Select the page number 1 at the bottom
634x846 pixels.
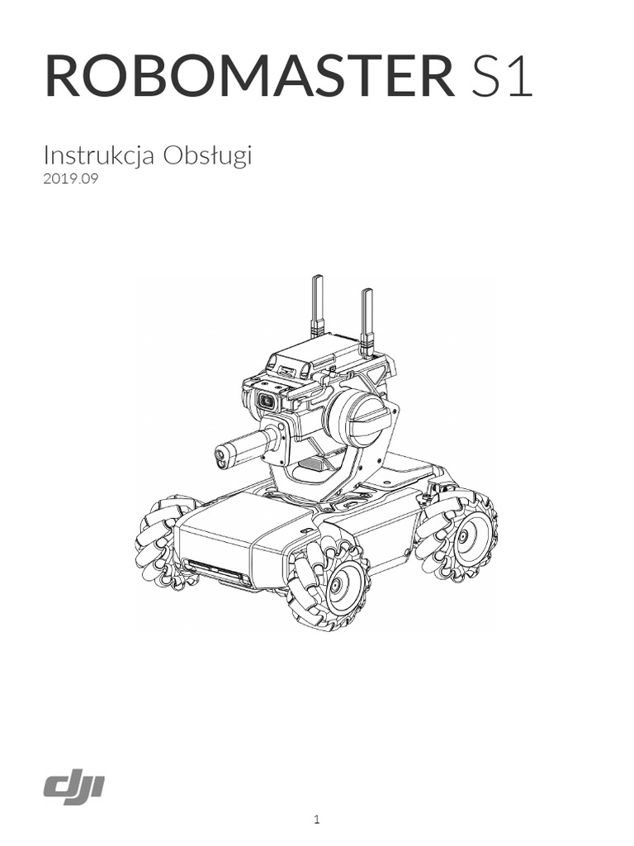317,820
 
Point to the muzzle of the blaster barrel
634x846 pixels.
221,452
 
